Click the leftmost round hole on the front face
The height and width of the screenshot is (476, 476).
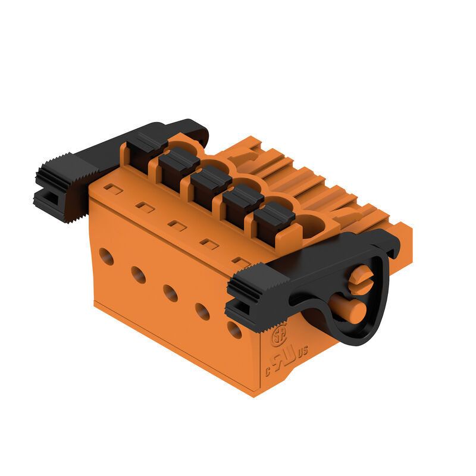click(x=107, y=256)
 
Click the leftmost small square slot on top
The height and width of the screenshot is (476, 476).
click(x=114, y=190)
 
